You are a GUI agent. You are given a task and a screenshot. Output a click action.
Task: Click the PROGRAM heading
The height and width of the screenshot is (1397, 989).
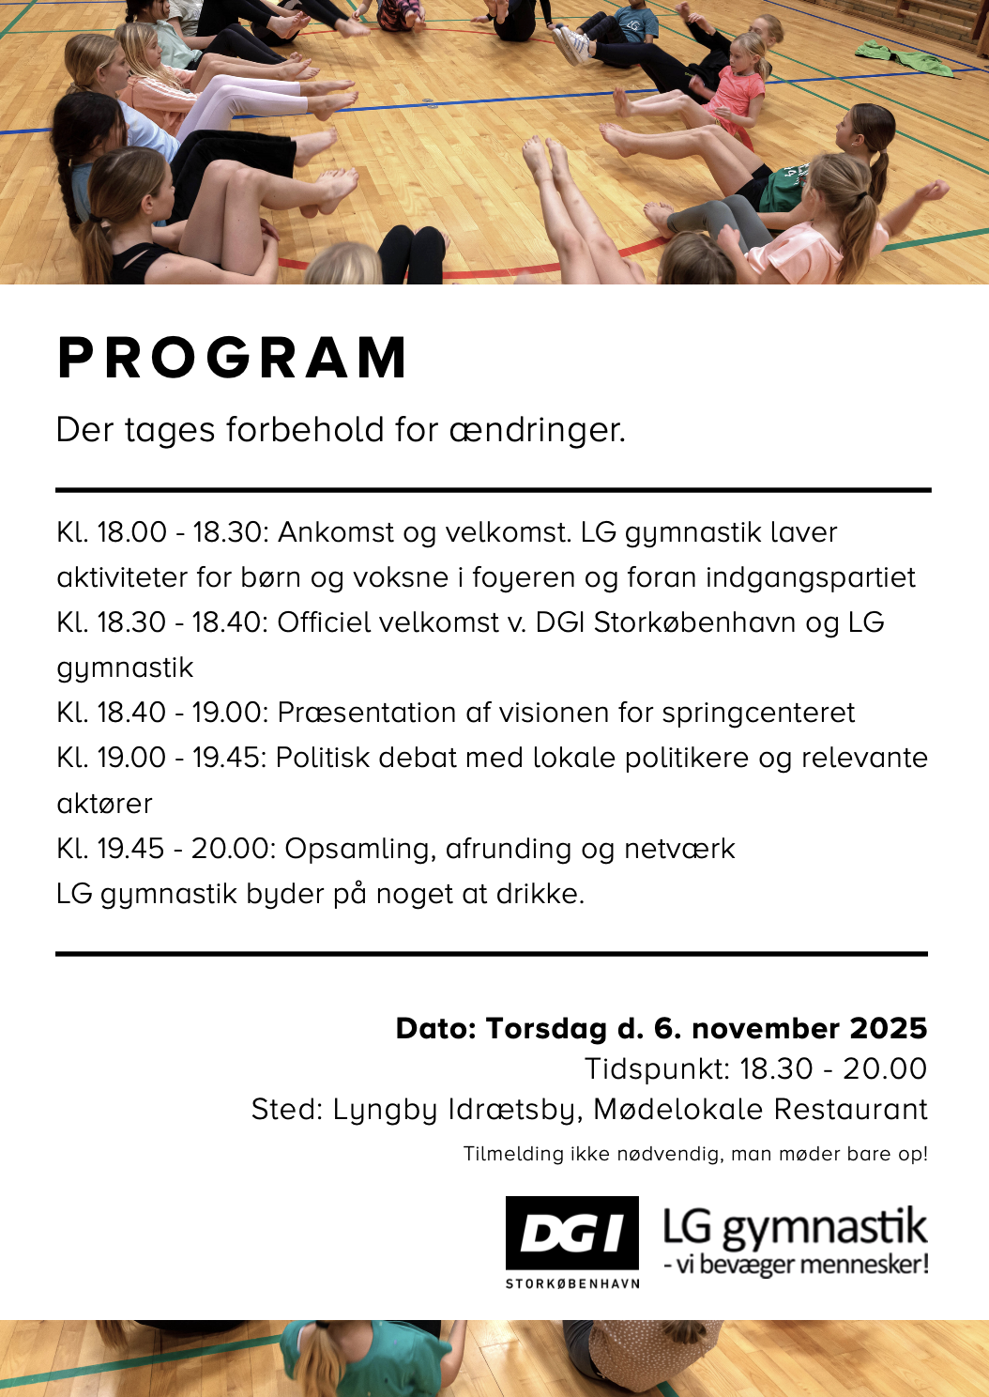(x=232, y=358)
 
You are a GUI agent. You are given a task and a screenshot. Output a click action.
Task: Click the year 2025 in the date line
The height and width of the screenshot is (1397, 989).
(x=888, y=1028)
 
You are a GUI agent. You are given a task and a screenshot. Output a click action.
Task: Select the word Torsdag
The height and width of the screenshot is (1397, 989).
(x=546, y=1028)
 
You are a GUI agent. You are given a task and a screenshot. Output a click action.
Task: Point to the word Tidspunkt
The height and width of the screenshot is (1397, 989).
(x=656, y=1068)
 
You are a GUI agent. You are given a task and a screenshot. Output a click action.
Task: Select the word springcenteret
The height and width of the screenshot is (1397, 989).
(x=758, y=713)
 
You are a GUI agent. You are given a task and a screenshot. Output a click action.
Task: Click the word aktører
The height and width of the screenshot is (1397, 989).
(x=104, y=804)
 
